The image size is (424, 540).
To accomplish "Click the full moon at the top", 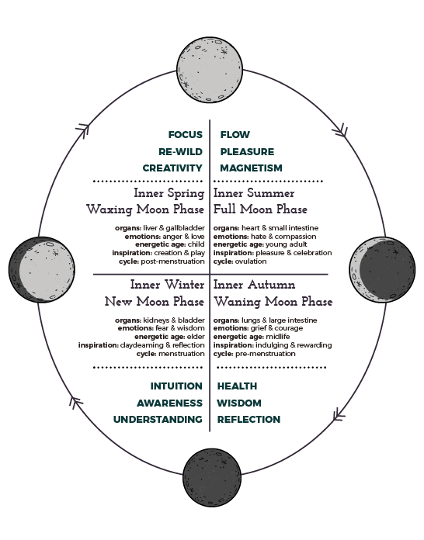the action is pos(210,70).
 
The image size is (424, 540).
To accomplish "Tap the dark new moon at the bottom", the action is pos(212,477).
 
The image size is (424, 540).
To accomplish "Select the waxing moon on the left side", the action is pos(41,270).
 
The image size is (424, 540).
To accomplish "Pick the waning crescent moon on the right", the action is pos(382,269).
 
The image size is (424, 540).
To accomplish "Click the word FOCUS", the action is pos(186,135).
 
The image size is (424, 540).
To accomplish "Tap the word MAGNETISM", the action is pos(252,168).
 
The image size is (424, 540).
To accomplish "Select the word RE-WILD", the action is pos(181,151).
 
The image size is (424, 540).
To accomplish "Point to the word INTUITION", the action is pos(176,386).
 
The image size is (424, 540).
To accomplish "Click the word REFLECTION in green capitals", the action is pos(248,420).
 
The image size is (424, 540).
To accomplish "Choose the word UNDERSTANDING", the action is pos(158,420).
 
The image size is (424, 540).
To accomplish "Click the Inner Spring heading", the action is pos(169,193).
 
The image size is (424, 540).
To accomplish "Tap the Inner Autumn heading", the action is pos(255,285).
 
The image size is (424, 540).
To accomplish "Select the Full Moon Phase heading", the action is pos(260,209).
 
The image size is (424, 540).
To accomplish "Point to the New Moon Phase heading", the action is pos(155,301).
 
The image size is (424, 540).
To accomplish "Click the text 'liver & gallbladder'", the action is pos(174,228).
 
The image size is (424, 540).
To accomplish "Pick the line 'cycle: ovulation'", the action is pos(240,261).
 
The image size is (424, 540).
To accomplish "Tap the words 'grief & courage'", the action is pos(276,328).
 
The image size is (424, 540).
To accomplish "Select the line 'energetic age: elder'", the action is pos(169,337).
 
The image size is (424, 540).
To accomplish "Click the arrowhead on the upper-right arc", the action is pos(341,131).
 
